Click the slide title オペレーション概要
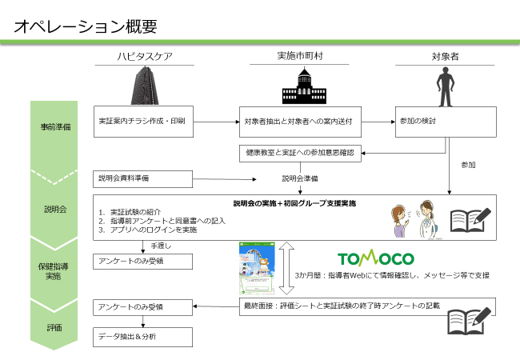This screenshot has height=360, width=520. tap(86, 26)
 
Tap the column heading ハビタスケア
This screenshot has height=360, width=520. tap(145, 56)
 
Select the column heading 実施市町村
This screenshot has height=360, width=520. tap(300, 56)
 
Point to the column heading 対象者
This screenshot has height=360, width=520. tap(445, 56)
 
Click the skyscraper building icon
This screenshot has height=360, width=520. tap(145, 86)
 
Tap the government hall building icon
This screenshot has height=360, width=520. tap(304, 86)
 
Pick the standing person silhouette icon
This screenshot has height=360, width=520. tap(445, 86)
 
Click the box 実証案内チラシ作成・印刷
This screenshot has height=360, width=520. tap(143, 122)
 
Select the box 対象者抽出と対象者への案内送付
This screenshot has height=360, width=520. tap(300, 122)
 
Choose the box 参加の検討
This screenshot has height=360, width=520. tap(446, 122)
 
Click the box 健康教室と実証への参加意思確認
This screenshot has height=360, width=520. tap(300, 153)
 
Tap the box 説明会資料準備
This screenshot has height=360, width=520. tap(142, 179)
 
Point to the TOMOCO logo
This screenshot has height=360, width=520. tap(376, 258)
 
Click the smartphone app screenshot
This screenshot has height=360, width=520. tap(257, 268)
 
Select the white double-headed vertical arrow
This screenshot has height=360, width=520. tap(286, 268)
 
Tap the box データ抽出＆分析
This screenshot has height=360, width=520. tap(142, 337)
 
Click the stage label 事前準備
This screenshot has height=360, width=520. tap(55, 127)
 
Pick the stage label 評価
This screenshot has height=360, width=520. tap(54, 328)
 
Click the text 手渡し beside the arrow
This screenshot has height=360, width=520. tap(161, 246)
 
